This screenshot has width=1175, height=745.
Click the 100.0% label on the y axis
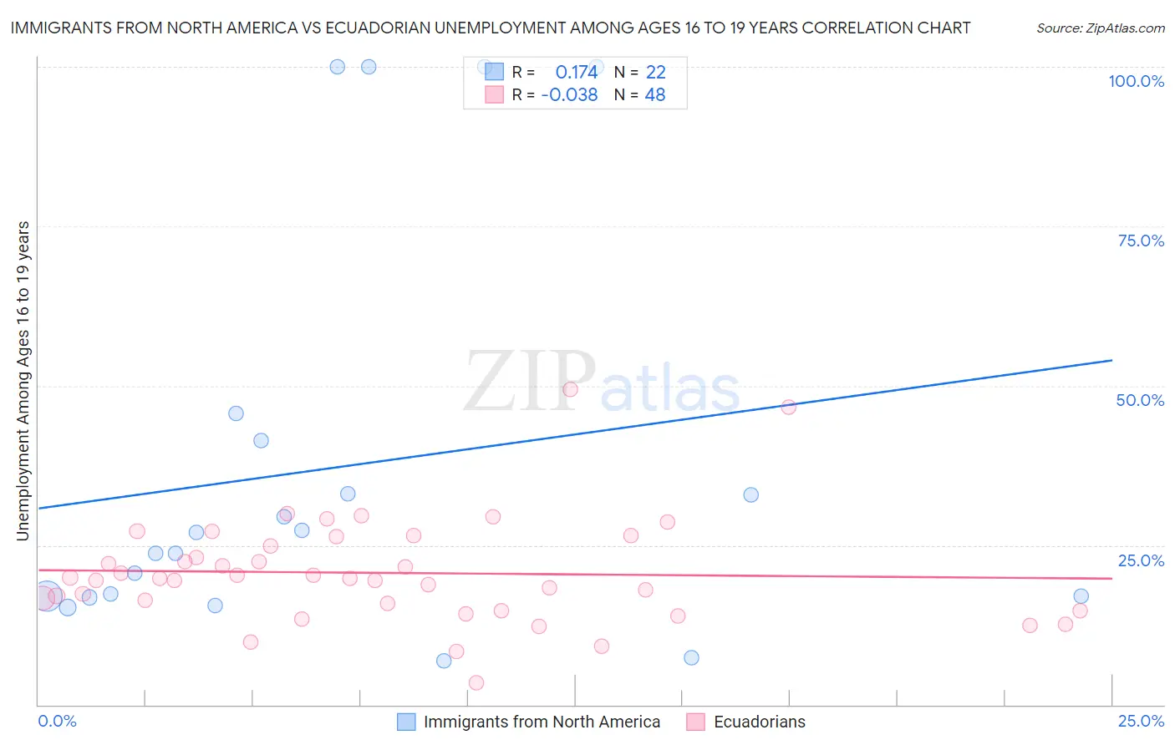(x=1136, y=81)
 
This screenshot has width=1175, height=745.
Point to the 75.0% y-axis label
(x=1141, y=241)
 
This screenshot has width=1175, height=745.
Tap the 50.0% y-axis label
(x=1140, y=400)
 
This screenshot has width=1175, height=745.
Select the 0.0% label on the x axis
(x=57, y=721)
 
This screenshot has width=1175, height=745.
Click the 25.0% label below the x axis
(x=1141, y=721)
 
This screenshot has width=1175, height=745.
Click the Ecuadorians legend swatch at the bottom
(x=695, y=722)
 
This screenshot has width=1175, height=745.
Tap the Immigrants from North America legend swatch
(x=406, y=722)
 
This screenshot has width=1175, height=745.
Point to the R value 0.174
(x=577, y=72)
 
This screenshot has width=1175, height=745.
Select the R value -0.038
(x=569, y=94)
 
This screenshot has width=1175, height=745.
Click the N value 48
(x=655, y=94)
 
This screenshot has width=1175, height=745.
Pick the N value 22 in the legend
(x=655, y=72)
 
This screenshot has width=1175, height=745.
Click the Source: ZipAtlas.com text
(x=1100, y=28)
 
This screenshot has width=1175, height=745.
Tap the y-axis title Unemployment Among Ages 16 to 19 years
(x=23, y=381)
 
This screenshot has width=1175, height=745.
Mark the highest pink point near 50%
(x=570, y=389)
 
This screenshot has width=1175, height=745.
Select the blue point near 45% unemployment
(x=236, y=413)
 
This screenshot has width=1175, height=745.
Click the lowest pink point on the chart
(x=476, y=682)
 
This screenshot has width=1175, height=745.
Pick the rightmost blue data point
(x=1081, y=595)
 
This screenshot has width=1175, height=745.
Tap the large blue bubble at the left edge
(x=47, y=596)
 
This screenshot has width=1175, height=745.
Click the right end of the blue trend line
(x=1111, y=360)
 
